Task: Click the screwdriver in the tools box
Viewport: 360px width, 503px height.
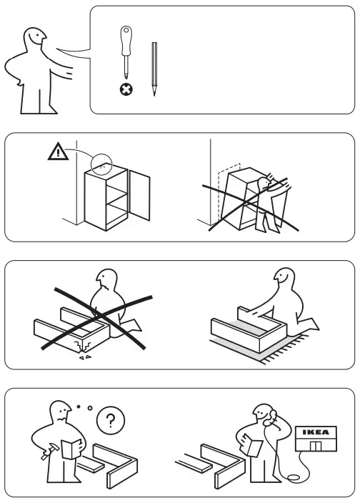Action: [126, 54]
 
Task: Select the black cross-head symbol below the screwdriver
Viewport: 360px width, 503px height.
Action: [126, 91]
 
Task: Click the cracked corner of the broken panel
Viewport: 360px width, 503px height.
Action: [76, 347]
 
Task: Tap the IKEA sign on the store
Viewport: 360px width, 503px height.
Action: [314, 433]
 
